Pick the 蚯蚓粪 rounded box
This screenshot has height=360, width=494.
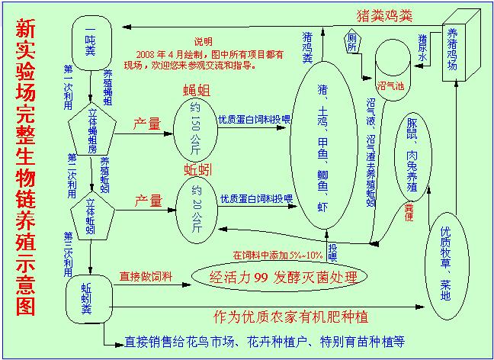pyautogui.click(x=90, y=293)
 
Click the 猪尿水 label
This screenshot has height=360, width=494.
pyautogui.click(x=422, y=47)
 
